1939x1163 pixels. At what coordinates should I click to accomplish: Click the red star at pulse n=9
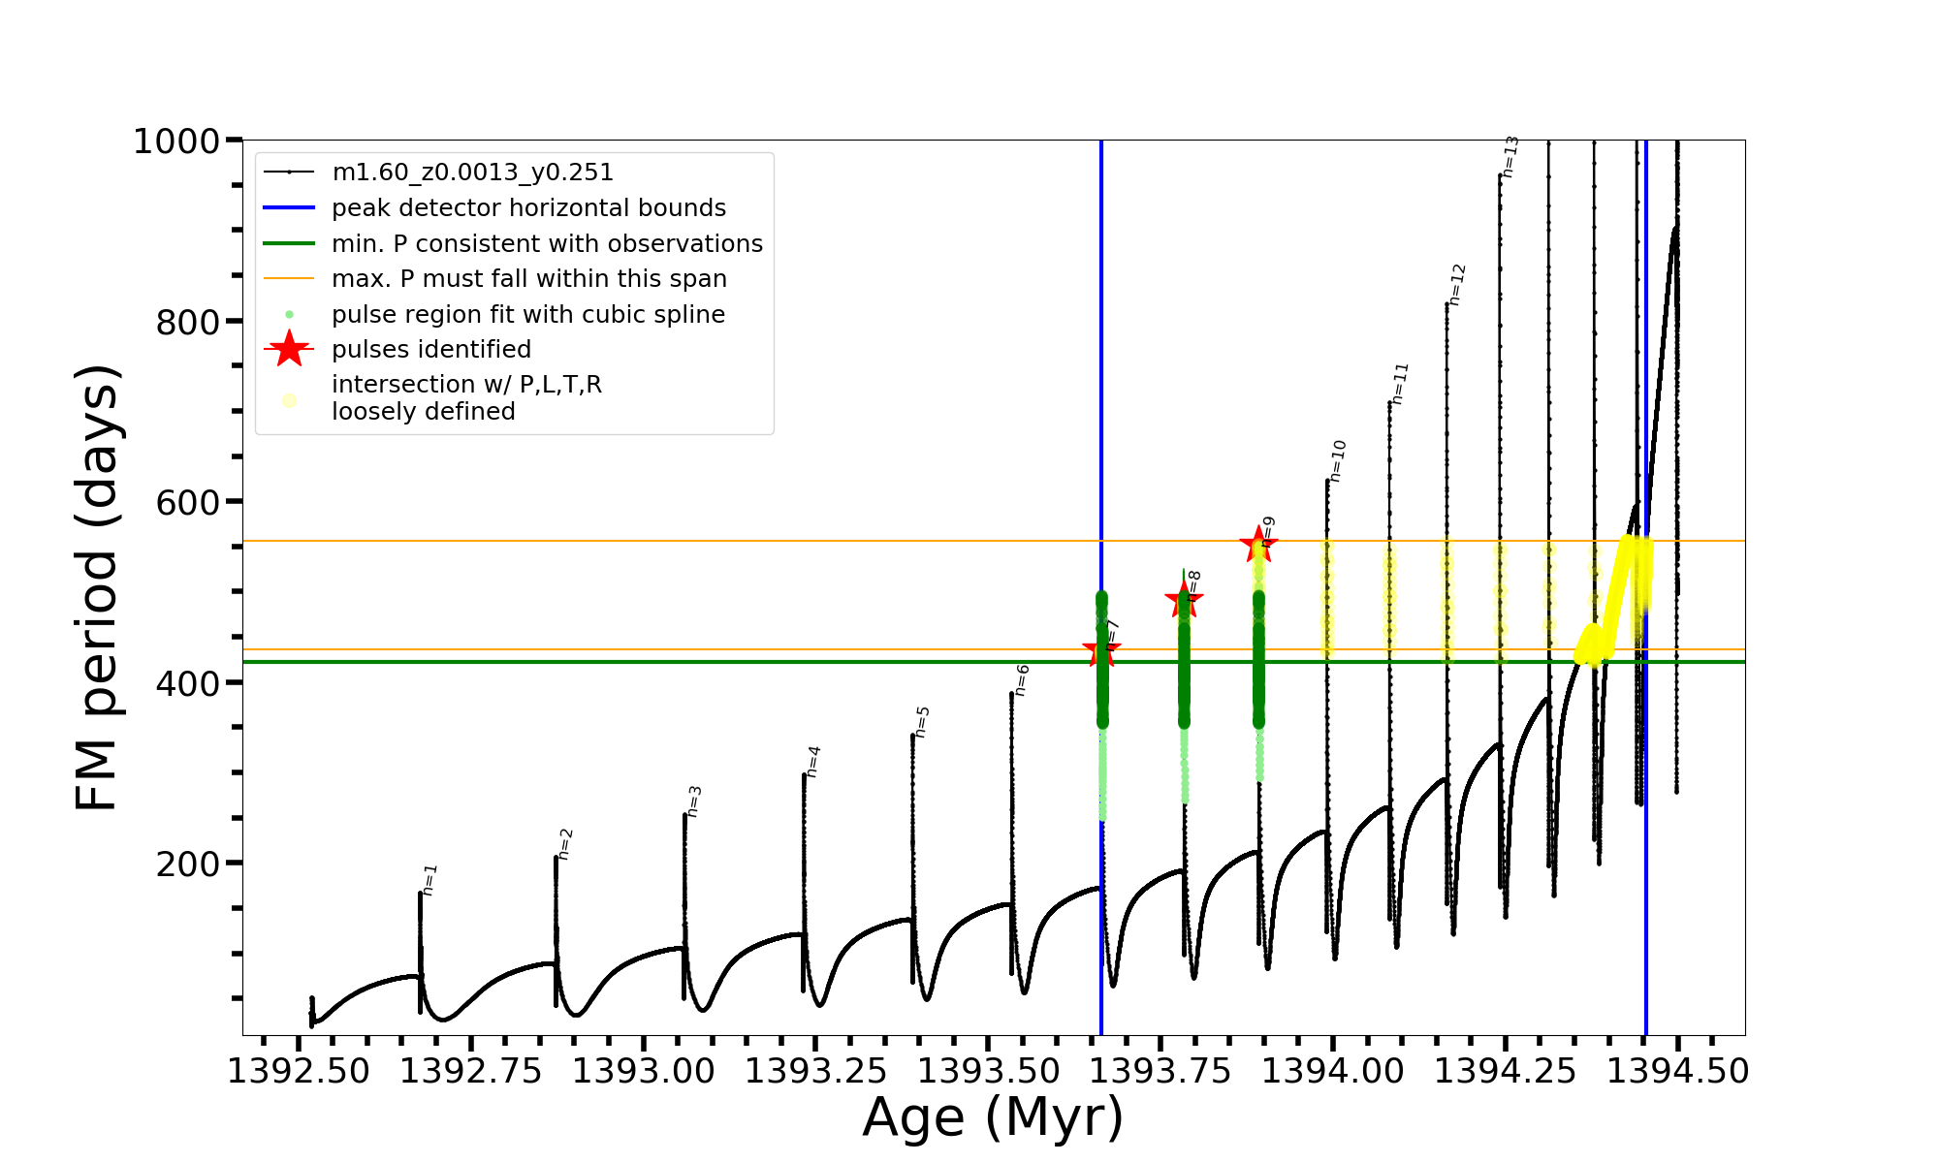1258,544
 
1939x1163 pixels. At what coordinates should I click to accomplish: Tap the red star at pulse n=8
1184,601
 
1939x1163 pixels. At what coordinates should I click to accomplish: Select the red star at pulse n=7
1101,650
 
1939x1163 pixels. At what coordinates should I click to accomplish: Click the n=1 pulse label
429,880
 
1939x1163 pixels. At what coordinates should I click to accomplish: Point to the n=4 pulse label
813,762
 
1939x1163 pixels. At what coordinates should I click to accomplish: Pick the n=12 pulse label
1456,285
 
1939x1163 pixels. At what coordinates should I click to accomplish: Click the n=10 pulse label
1337,461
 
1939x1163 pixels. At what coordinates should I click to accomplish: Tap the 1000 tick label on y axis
176,141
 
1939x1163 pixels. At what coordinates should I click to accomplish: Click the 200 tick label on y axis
188,864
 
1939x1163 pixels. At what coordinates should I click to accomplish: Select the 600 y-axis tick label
188,503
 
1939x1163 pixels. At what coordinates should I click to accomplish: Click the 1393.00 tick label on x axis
644,1072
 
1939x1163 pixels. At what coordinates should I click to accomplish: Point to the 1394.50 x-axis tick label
1678,1072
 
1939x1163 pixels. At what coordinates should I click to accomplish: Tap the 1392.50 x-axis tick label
299,1072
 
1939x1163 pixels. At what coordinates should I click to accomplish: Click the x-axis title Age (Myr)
993,1117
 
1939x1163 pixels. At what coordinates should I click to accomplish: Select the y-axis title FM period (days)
97,587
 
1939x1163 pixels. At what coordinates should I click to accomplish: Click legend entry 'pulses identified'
431,349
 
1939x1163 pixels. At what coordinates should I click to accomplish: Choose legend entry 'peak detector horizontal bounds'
528,208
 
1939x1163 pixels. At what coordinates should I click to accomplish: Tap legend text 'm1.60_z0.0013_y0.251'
472,173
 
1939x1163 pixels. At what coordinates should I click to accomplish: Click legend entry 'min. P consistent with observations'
547,243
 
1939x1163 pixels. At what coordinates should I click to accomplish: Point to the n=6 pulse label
1022,680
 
